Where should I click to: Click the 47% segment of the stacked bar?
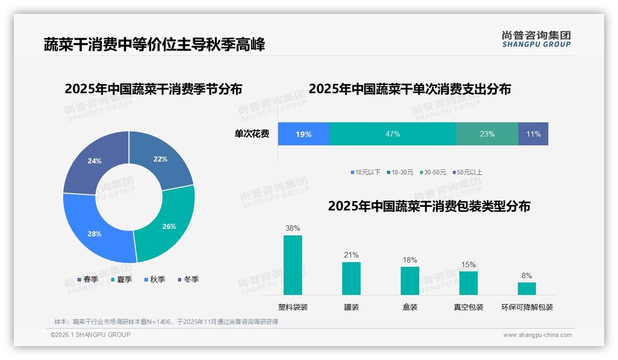point(392,134)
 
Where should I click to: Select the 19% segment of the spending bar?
point(303,134)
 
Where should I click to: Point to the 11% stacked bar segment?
point(533,134)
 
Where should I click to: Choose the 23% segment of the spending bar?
point(487,134)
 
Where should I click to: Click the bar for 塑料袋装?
point(293,265)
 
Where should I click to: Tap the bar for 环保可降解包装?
point(527,288)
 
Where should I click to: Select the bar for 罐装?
point(351,278)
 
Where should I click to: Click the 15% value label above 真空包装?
point(468,265)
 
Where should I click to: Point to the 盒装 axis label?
point(410,307)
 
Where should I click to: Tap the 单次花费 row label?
point(252,134)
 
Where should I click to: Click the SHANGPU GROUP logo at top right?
point(536,39)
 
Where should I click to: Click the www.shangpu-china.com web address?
point(537,335)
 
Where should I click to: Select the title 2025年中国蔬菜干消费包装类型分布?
point(429,206)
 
